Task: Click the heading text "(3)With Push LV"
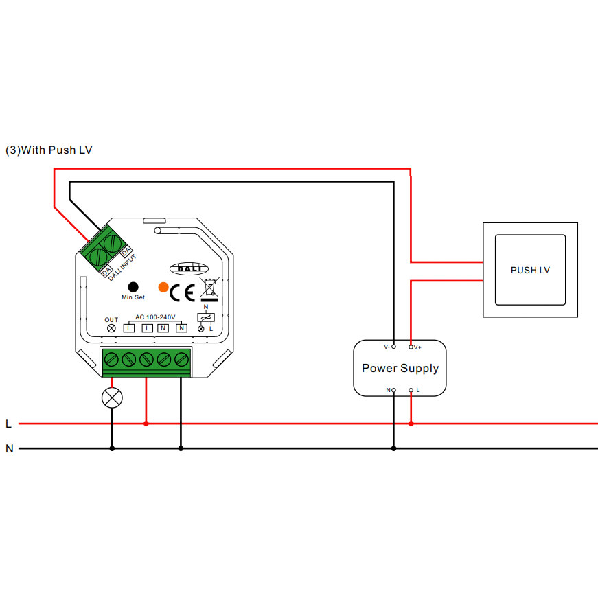coord(49,150)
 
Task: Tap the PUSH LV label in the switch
coord(530,270)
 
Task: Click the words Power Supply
coord(400,368)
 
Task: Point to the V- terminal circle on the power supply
coord(393,347)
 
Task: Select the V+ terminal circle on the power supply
coord(411,347)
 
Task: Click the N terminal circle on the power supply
coord(393,390)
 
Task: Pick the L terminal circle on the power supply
coord(411,390)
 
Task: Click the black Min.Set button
coord(133,286)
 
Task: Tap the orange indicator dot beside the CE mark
coord(163,287)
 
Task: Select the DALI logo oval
coord(185,270)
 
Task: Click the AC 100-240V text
coord(156,317)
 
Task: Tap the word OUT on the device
coord(111,319)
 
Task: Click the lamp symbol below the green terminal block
coord(112,398)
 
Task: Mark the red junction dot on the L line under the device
coord(146,424)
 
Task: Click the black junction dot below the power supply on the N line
coord(393,449)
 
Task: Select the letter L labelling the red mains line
coord(8,424)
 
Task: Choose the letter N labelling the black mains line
coord(9,449)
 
